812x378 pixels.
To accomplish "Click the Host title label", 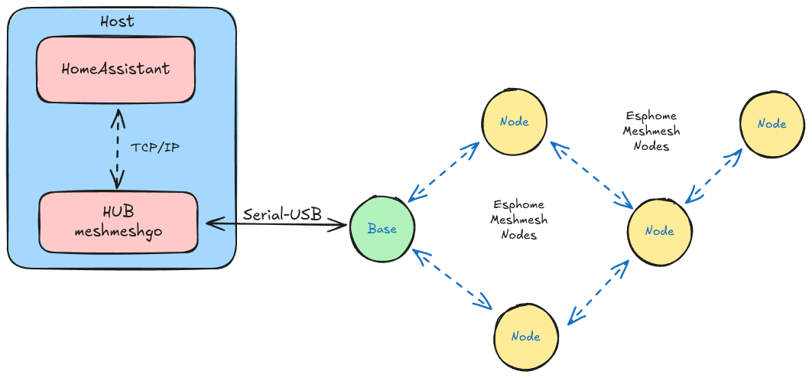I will point(117,21).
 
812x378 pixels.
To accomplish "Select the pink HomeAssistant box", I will point(115,70).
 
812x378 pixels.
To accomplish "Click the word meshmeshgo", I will point(118,230).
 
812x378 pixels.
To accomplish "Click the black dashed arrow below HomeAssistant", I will point(117,147).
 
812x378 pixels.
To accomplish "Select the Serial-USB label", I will point(282,214).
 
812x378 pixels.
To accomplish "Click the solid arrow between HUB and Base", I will point(275,225).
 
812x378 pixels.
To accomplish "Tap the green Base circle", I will point(382,228).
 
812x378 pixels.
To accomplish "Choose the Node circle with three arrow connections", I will point(659,230).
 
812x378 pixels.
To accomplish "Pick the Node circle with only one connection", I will point(771,124).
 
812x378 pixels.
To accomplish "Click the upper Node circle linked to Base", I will point(514,122).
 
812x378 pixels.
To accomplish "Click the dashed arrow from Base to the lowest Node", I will point(451,279).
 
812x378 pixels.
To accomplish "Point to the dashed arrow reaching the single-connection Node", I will point(713,175).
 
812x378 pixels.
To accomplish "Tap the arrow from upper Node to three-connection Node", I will point(591,174).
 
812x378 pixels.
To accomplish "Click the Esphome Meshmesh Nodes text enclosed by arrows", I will point(518,220).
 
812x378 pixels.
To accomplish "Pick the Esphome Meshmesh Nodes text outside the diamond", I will point(651,131).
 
